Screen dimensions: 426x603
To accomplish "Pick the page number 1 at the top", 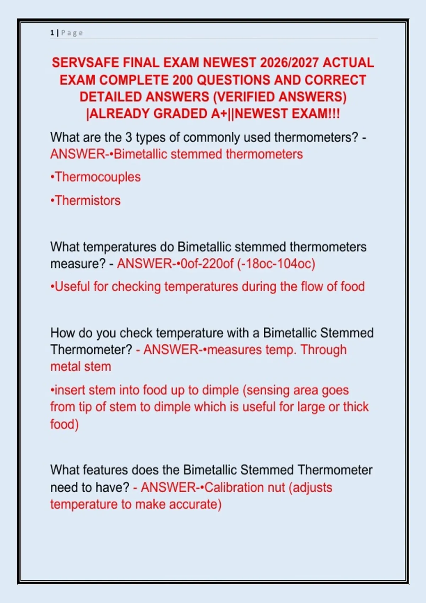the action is click(52, 33).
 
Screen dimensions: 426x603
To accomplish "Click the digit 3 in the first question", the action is click(129, 138).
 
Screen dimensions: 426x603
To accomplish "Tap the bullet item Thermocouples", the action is click(95, 177).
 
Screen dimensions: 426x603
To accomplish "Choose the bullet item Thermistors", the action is click(86, 200).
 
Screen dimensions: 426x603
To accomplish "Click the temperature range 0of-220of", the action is click(207, 264).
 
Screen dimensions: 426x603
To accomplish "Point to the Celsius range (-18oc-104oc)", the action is click(276, 264).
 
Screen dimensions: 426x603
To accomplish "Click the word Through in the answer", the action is click(324, 350).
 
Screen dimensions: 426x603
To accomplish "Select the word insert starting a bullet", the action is click(70, 390).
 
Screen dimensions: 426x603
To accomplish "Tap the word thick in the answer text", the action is click(356, 407).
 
